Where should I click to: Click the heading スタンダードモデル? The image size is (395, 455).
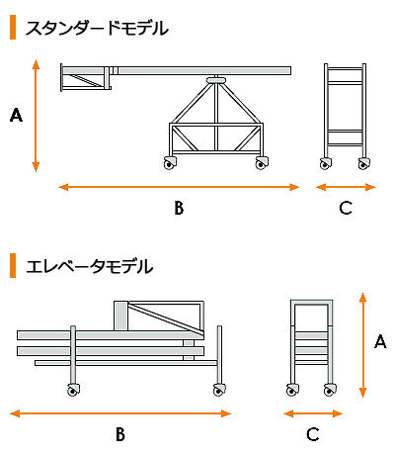point(97,28)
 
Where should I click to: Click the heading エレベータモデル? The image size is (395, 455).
point(90,266)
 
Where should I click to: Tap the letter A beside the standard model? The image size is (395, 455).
point(16,116)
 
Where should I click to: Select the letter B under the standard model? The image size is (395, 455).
point(179,208)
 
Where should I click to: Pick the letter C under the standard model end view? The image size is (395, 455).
point(346,208)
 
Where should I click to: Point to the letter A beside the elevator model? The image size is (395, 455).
point(380,341)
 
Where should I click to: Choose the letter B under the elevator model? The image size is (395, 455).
point(120,434)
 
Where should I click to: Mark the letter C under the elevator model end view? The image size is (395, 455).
point(313,434)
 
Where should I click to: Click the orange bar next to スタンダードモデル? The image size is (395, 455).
point(13,28)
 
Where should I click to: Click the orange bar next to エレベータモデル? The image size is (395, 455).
point(13,266)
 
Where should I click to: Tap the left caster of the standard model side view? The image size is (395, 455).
point(170,162)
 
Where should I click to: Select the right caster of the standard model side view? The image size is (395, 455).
point(262,162)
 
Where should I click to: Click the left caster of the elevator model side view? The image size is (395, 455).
point(73,390)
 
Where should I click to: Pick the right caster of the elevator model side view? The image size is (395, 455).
point(219,390)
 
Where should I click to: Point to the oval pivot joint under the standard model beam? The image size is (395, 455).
point(216,80)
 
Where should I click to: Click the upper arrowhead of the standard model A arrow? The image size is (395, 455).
point(36,64)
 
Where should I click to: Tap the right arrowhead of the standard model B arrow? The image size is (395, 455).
point(294,187)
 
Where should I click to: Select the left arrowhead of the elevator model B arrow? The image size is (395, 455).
point(15,413)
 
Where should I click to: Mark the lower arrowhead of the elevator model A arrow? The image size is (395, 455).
point(362,393)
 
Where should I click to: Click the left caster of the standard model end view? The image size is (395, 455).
point(326,163)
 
